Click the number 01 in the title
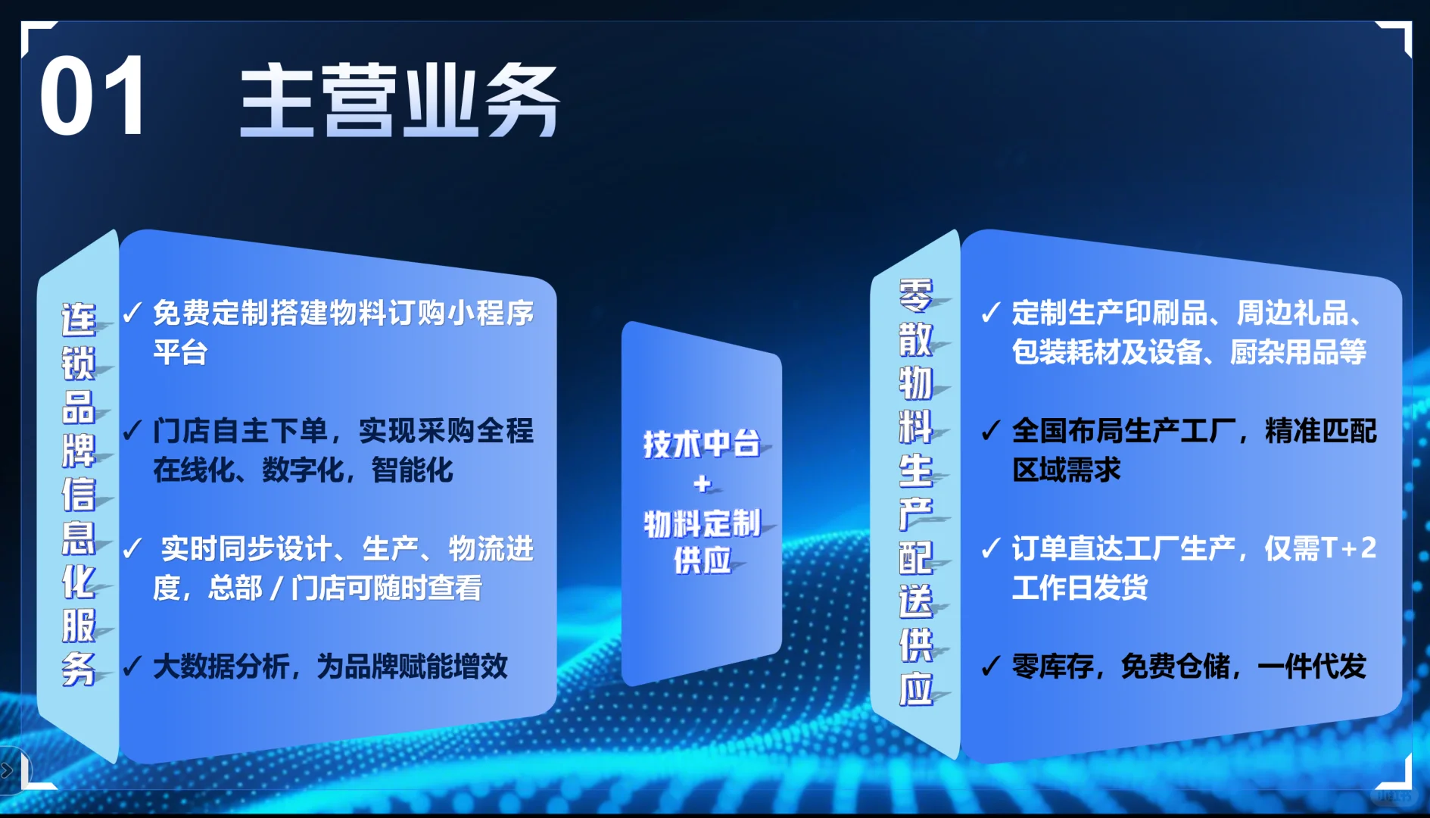(x=92, y=97)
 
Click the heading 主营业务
(x=399, y=100)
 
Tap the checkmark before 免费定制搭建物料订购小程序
(x=132, y=312)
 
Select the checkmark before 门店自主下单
(x=132, y=430)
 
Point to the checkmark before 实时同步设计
(x=132, y=548)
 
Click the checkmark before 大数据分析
(x=132, y=666)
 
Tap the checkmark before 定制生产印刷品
(x=990, y=312)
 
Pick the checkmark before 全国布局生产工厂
(x=990, y=430)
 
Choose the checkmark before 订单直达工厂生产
(x=990, y=548)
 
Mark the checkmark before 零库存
(x=990, y=666)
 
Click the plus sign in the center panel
(x=703, y=483)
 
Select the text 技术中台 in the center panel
(x=701, y=444)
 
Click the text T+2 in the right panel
(x=1348, y=548)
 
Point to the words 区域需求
(x=1066, y=470)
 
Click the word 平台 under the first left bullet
(x=180, y=352)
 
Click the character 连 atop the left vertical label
(x=79, y=320)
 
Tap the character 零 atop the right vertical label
(x=915, y=295)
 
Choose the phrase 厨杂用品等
(x=1298, y=352)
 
